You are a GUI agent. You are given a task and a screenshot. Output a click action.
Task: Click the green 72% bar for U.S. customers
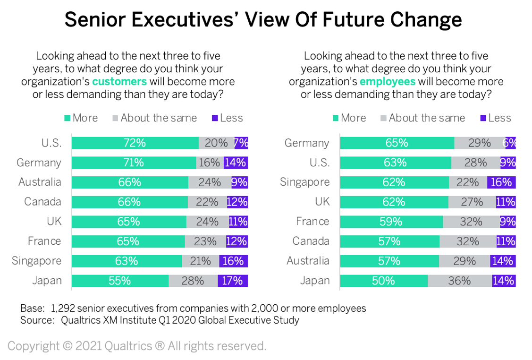coord(135,143)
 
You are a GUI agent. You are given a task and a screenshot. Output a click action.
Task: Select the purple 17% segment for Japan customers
coord(233,281)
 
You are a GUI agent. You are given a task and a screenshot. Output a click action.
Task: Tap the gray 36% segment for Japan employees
coord(460,281)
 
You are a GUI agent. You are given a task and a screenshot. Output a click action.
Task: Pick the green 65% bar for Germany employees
coord(397,143)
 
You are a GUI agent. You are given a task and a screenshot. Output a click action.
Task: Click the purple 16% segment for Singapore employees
coord(501,182)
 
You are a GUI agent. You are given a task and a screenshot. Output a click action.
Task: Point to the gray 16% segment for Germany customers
coord(210,163)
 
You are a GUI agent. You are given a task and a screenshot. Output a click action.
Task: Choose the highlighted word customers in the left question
coord(119,81)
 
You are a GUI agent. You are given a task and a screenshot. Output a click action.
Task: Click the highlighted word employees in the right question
coord(388,81)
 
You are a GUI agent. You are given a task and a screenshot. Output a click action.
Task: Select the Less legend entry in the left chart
coord(228,118)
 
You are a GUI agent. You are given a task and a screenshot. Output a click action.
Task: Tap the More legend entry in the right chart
coord(349,118)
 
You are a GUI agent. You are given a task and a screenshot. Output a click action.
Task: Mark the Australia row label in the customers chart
coord(40,182)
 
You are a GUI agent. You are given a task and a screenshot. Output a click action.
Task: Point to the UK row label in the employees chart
coord(322,202)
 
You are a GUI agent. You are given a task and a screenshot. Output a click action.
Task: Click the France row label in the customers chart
coord(44,241)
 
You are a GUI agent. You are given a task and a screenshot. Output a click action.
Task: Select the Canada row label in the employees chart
coord(311,241)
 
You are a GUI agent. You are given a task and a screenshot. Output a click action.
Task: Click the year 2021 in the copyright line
coord(89,346)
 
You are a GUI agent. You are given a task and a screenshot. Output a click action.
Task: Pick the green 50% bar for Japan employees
coord(383,281)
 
